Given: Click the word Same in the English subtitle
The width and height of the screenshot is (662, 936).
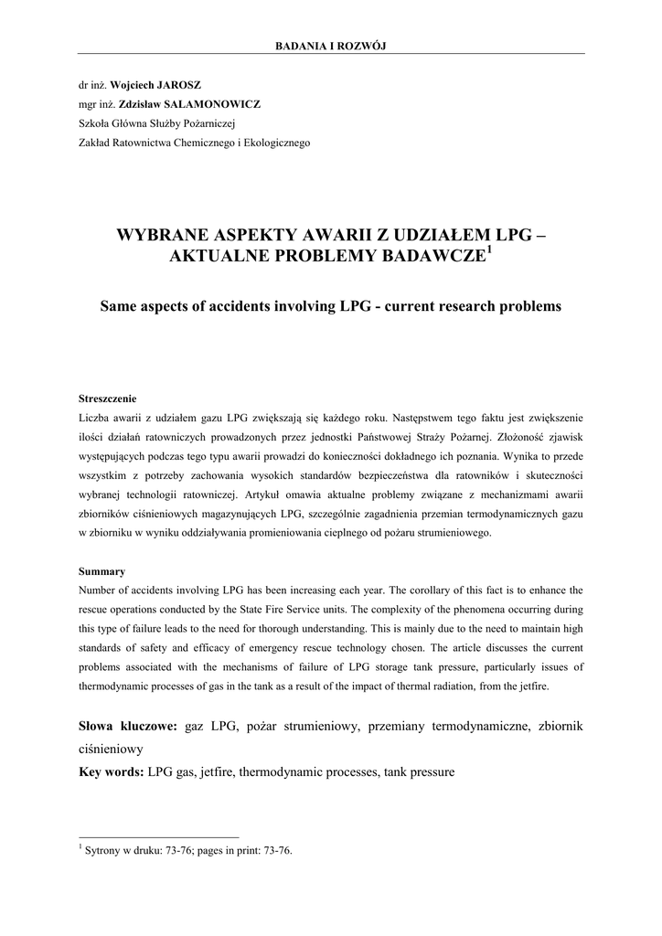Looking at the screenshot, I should click(x=121, y=304).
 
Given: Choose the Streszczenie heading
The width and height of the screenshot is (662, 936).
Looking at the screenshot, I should click(x=108, y=399).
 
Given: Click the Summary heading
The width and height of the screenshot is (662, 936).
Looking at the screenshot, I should click(x=102, y=571).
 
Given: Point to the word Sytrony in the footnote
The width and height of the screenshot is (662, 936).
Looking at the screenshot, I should click(x=103, y=850).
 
